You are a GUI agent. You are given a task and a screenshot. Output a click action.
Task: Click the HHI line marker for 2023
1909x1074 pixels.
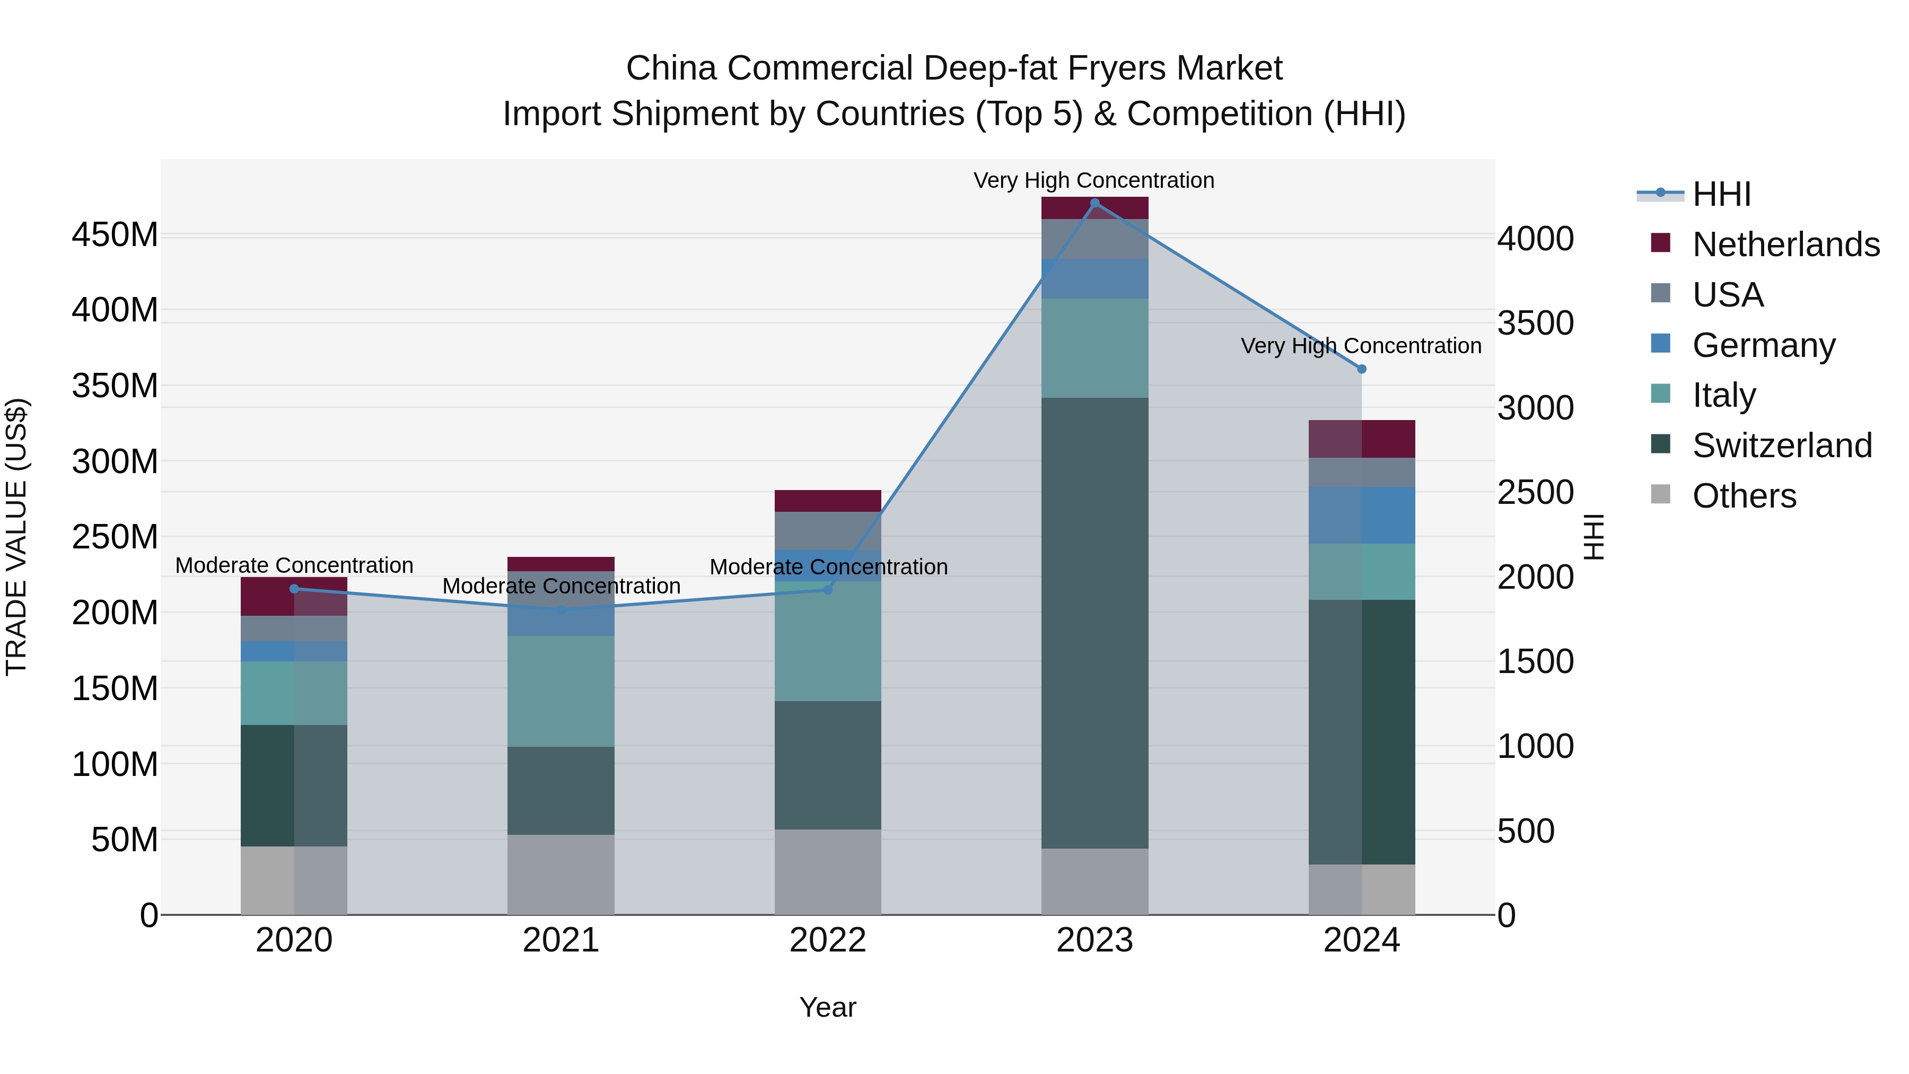[1094, 203]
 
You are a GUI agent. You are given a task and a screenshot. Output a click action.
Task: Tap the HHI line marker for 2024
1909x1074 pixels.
[1361, 369]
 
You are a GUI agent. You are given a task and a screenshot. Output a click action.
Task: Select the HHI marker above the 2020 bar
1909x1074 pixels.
[294, 589]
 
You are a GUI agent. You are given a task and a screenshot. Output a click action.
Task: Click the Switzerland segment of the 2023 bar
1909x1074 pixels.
[1094, 623]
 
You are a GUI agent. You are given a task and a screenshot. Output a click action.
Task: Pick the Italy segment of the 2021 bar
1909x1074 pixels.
[561, 691]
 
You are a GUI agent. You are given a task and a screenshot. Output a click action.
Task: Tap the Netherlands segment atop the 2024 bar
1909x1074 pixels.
[1361, 439]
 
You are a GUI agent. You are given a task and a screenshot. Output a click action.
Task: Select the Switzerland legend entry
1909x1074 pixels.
[1782, 446]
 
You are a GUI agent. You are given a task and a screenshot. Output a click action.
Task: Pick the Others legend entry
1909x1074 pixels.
[1744, 496]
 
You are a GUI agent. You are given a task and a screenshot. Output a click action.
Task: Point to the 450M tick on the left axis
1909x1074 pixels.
[115, 235]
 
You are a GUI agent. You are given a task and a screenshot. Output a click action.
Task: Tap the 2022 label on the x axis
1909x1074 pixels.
[828, 940]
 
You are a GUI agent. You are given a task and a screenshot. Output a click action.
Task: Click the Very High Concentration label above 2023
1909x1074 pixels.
[1094, 180]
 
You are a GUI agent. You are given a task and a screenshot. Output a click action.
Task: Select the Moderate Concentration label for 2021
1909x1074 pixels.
[561, 586]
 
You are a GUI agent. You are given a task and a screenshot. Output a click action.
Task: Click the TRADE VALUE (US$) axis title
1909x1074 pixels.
[16, 537]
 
